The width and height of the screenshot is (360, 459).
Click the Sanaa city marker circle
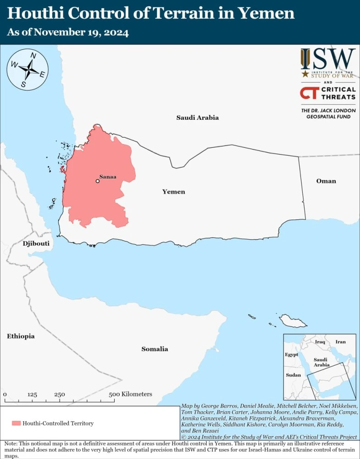97,181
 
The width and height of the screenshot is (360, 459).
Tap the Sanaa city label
108,176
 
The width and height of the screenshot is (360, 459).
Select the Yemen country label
174,191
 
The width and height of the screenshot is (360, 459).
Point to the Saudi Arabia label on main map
198,118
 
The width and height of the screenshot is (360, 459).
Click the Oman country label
326,181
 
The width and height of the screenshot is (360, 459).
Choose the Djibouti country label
36,243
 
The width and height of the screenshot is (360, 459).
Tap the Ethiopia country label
21,336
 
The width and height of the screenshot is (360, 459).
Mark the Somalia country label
155,349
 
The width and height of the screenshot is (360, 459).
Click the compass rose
28,69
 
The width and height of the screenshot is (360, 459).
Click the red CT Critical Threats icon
307,93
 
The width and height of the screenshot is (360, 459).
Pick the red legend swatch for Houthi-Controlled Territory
17,423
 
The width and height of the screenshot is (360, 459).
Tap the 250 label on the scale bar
59,394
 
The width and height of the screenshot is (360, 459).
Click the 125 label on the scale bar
32,394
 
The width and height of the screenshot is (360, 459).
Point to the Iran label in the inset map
340,342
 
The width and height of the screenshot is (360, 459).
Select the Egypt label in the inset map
291,354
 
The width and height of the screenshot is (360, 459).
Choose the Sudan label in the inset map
293,375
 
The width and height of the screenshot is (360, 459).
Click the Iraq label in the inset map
320,342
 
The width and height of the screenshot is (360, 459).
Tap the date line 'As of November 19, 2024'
67,33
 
